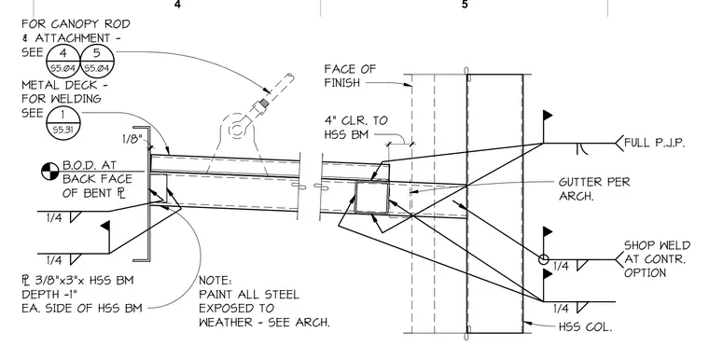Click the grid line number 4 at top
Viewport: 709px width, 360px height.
coord(177,5)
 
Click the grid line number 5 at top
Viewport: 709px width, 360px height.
coord(465,5)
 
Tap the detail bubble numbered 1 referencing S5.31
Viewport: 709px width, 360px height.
coord(63,121)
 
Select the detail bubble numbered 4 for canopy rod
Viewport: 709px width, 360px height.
coord(63,61)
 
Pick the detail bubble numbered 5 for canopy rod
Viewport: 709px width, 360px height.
coord(97,61)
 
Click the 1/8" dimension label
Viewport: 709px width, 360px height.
coord(132,139)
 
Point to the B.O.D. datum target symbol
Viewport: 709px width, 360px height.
coord(50,172)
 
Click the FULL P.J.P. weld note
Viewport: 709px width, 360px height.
coord(654,143)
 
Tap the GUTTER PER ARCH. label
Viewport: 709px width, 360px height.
coord(594,188)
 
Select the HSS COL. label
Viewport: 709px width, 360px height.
coord(586,326)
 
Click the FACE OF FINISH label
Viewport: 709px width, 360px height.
coord(350,76)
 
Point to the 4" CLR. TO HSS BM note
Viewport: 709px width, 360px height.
coord(355,128)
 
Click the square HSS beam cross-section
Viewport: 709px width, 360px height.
coord(371,197)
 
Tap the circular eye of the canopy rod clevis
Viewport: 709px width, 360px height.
coord(236,131)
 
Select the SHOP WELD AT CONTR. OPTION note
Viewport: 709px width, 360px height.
coord(658,259)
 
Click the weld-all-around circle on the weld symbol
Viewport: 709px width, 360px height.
coord(543,259)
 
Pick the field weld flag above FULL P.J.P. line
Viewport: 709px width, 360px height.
coord(547,115)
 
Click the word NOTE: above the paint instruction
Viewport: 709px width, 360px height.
coord(215,281)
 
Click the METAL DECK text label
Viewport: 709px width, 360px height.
coord(64,85)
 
